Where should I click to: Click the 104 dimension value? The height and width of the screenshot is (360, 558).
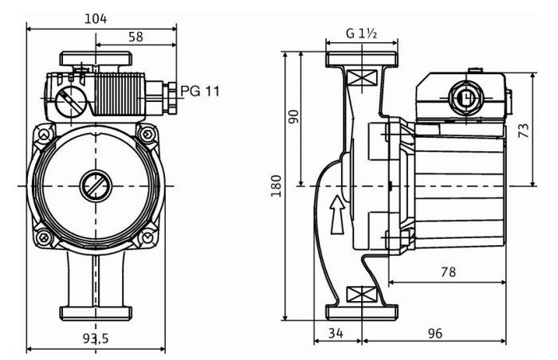point(96,18)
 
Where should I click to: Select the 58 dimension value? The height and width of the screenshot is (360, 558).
point(136,37)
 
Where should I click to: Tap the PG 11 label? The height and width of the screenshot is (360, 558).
point(200,92)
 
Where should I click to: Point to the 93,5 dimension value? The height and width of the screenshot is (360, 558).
point(96,338)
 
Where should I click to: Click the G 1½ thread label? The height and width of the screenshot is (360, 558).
point(361,33)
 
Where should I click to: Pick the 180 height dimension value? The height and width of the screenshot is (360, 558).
point(276,186)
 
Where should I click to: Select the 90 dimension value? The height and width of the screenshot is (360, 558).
point(294,116)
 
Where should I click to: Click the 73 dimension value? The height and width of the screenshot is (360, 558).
point(524,130)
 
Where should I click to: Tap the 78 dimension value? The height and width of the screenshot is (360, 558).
point(448,272)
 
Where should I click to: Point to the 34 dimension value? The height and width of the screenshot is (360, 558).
point(336,334)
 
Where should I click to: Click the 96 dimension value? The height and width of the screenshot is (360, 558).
point(434,334)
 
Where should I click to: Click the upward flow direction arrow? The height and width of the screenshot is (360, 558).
point(337,214)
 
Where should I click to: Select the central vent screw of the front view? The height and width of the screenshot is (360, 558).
point(96,186)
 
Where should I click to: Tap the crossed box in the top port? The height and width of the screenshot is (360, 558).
point(362,77)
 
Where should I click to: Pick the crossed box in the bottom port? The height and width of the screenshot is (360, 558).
point(362,294)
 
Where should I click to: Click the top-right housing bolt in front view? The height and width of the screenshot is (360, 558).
point(147,134)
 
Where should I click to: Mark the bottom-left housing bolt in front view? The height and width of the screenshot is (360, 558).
point(44,237)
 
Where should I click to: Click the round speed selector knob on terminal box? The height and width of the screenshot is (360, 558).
point(71,101)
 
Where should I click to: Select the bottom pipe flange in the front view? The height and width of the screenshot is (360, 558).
point(96,313)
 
